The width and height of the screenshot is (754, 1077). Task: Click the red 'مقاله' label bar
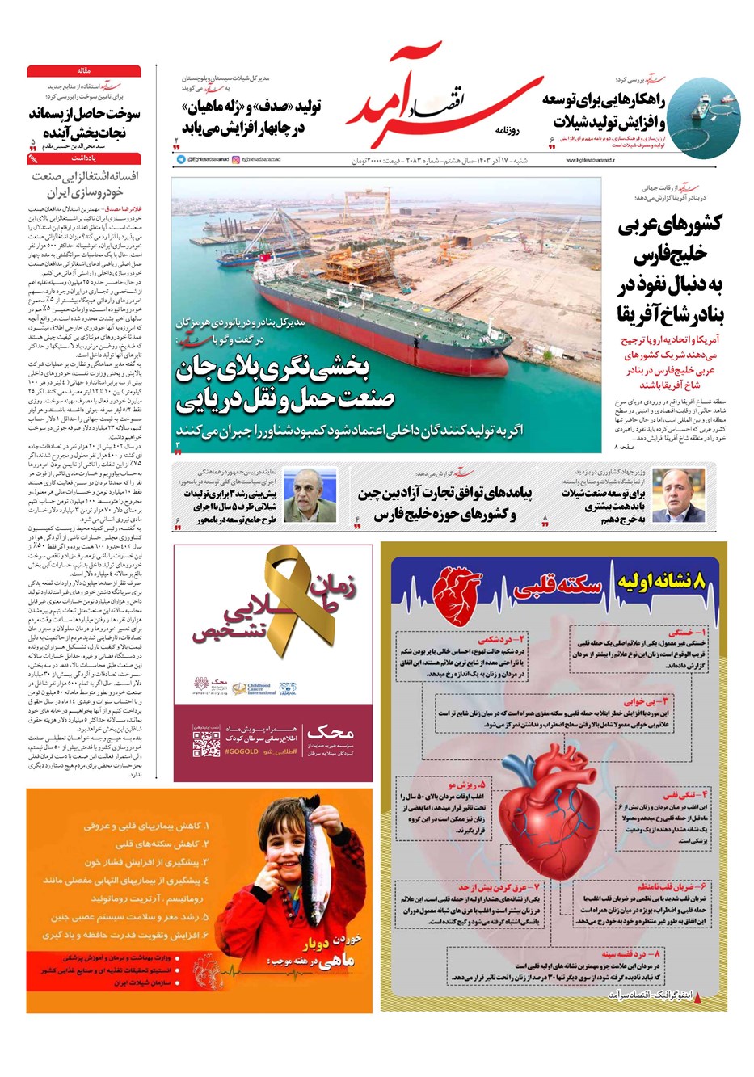tap(83, 71)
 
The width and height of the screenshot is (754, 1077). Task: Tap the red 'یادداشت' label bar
tap(83, 158)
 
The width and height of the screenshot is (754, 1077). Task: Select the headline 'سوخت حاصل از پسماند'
tap(85, 114)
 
